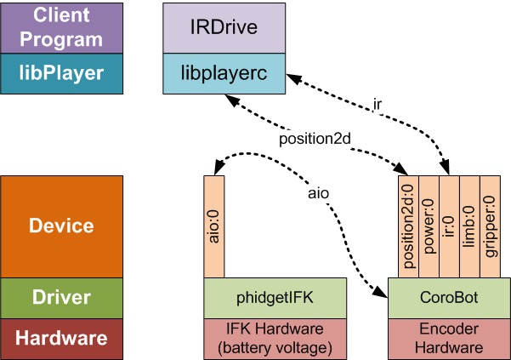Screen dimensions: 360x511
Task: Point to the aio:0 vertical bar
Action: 214,226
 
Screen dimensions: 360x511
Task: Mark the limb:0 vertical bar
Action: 469,226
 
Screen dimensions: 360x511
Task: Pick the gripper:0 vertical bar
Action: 491,226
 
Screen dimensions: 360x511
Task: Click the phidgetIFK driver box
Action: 275,298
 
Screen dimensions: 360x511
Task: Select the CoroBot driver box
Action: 448,298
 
